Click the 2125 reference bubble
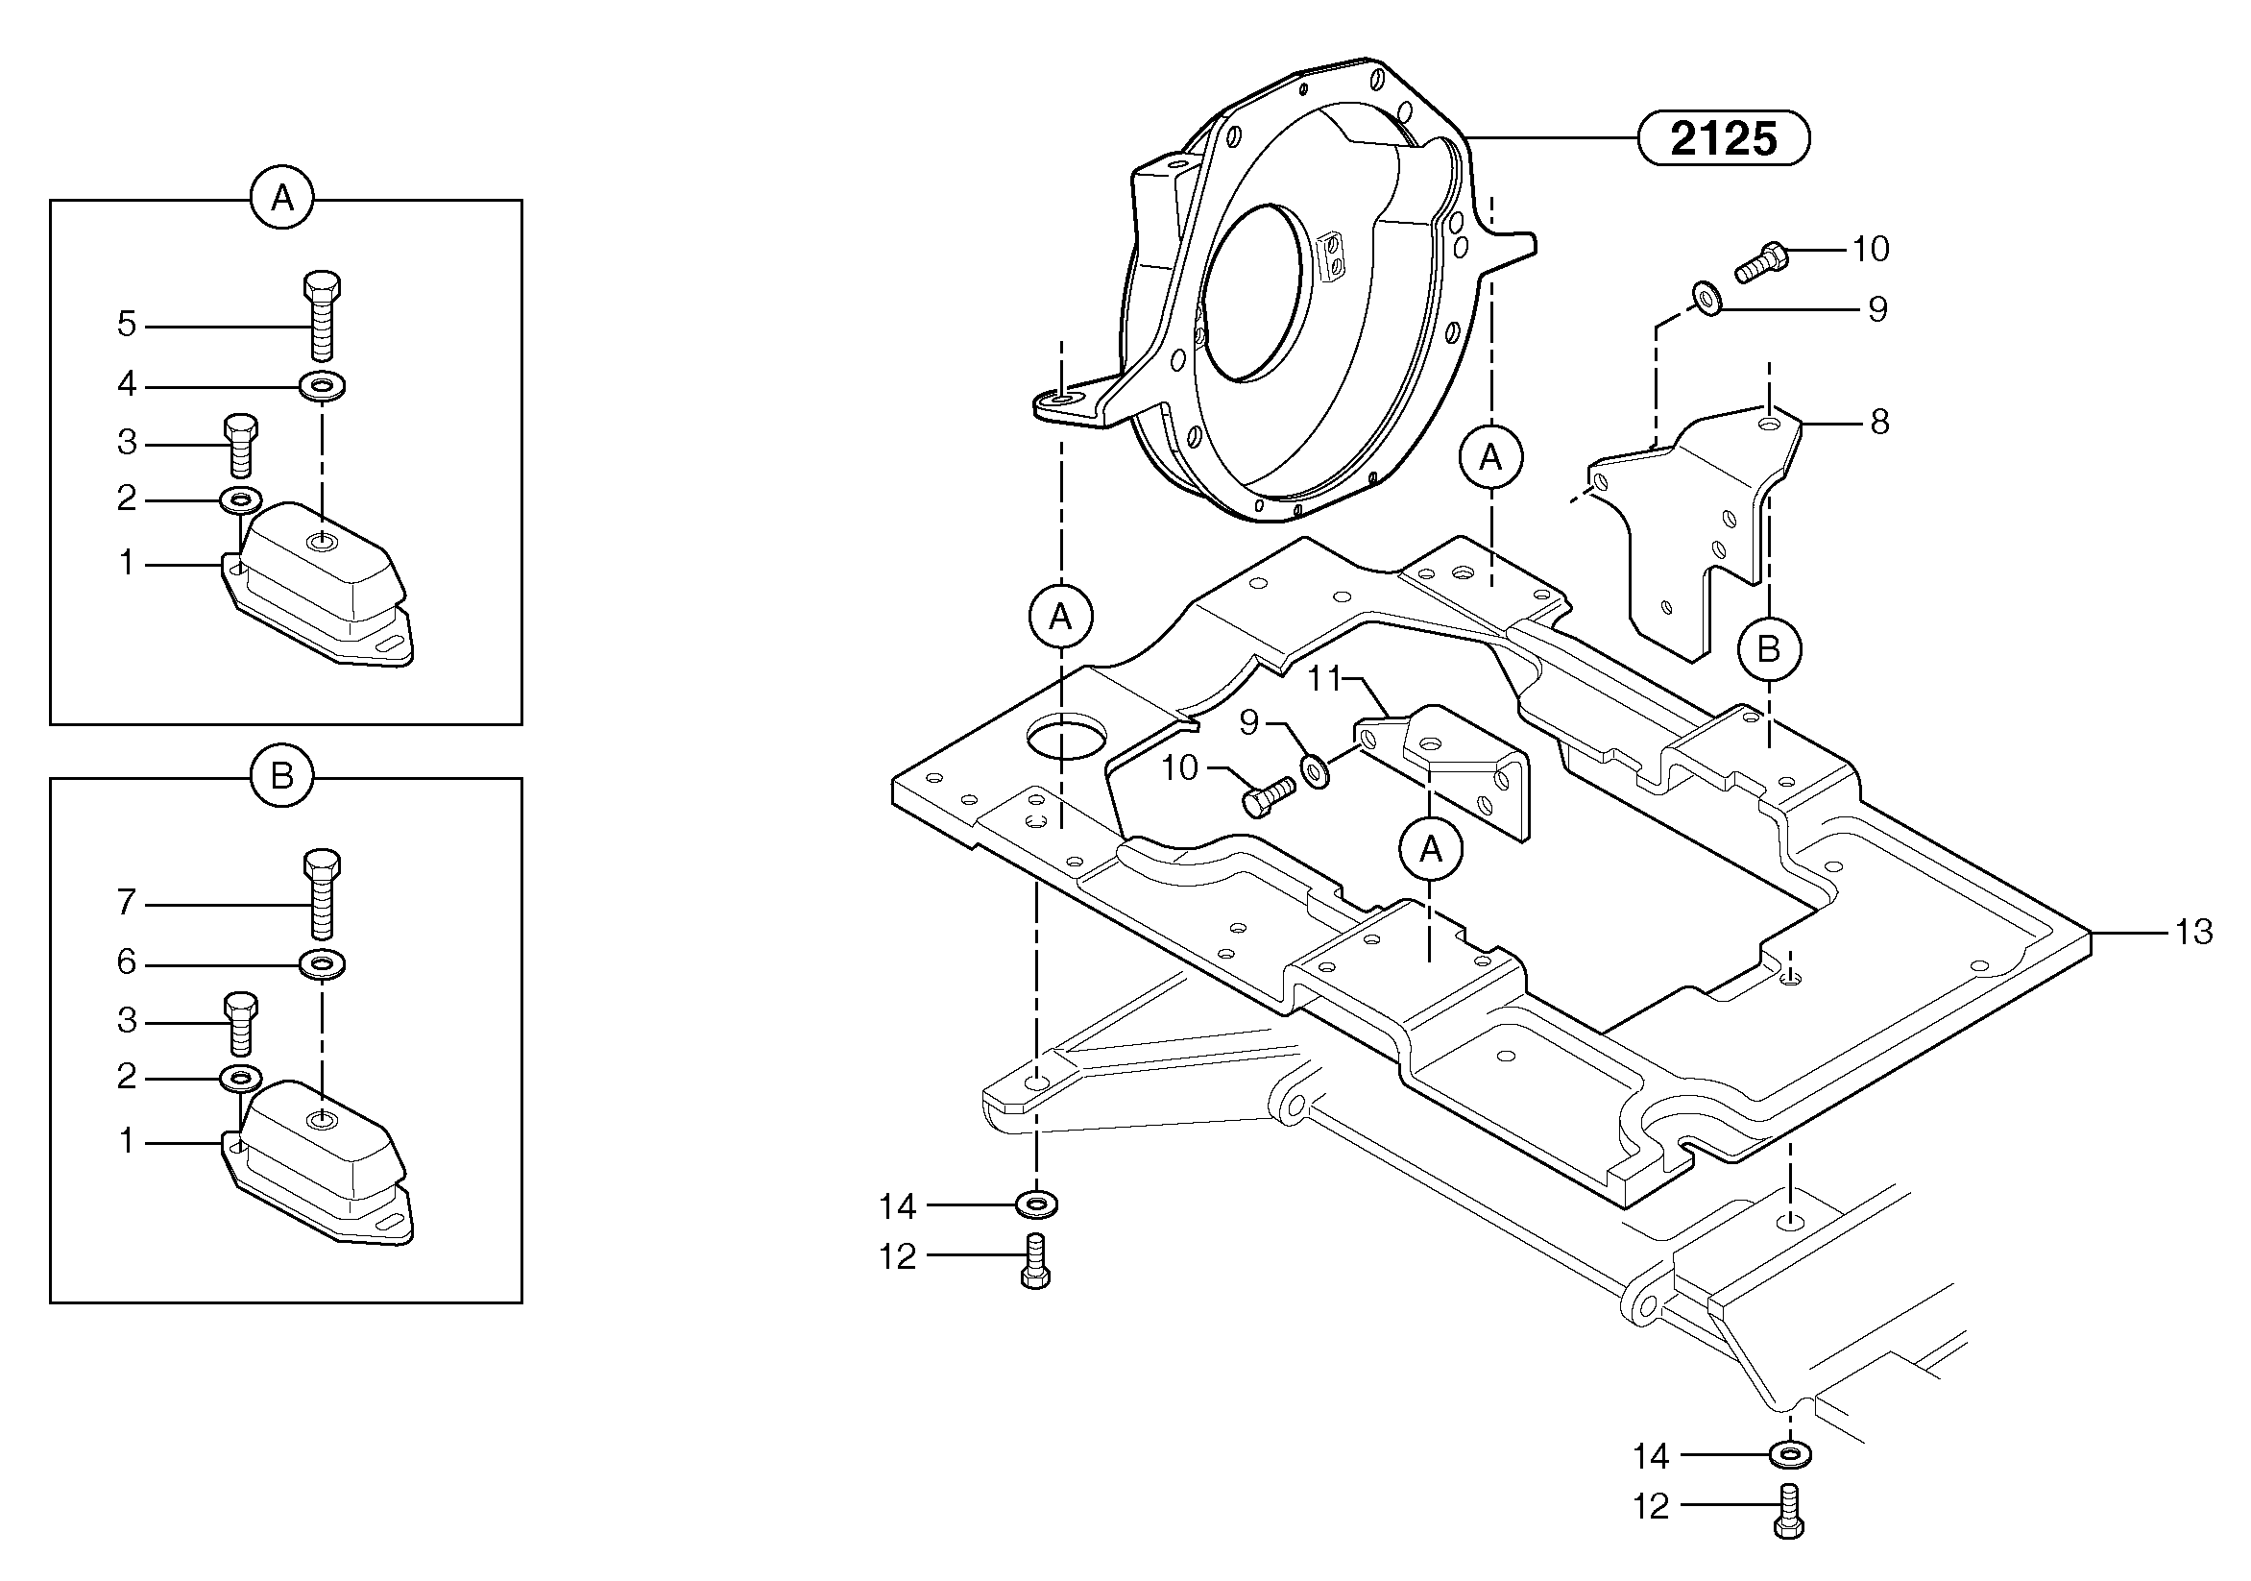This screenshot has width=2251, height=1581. point(1723,138)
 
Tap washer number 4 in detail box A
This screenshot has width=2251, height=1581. point(322,385)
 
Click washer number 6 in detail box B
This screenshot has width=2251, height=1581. point(322,964)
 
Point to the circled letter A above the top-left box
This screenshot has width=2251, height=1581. point(282,199)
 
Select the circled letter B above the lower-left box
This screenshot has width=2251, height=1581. point(282,777)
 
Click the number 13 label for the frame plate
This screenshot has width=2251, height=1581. point(2194,932)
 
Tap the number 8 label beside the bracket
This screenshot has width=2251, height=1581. point(1878,423)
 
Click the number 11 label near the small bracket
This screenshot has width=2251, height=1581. point(1324,678)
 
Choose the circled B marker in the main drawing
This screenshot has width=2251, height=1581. point(1769,648)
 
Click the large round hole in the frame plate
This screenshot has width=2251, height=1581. point(1066,736)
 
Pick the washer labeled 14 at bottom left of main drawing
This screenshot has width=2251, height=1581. point(1037,1203)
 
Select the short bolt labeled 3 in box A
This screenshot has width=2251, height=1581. point(240,445)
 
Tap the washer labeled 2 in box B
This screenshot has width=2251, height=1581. point(240,1079)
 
